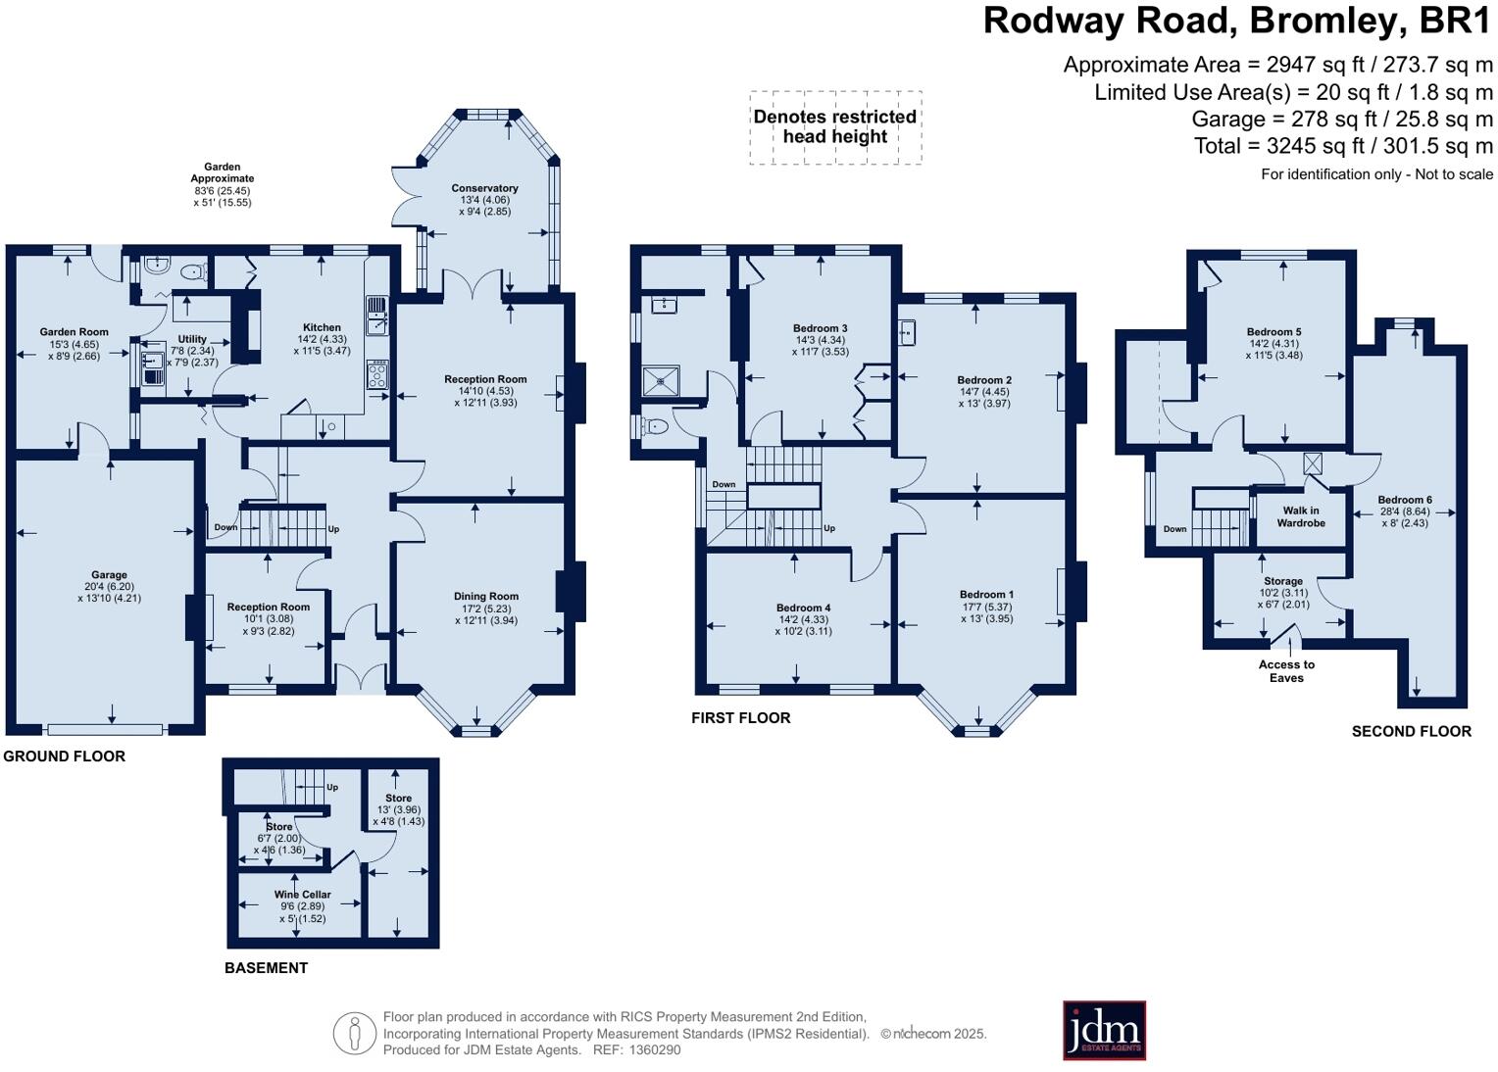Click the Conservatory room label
point(484,188)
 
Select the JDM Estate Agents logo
point(1104,1030)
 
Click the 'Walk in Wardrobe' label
point(1300,516)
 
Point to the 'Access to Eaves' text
point(1286,671)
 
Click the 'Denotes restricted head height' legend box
point(835,127)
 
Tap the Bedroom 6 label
point(1404,500)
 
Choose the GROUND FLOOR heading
point(65,756)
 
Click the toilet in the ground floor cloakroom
point(193,272)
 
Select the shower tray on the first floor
point(661,380)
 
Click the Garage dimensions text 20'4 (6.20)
point(110,587)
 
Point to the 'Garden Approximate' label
point(223,172)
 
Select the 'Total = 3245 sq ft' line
point(1343,146)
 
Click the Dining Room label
point(485,596)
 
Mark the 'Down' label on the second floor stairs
point(1174,529)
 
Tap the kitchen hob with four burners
point(376,375)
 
